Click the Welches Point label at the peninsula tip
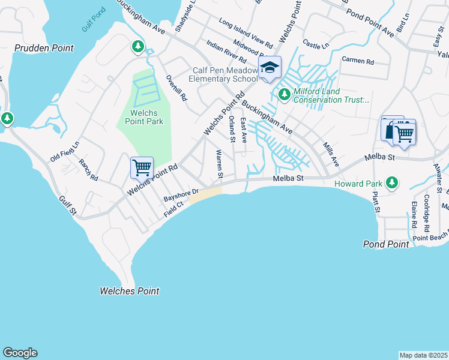point(129,291)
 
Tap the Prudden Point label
point(44,48)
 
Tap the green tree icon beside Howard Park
point(392,182)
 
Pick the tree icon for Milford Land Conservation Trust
point(283,94)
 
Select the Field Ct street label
point(172,206)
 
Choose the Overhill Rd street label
point(177,88)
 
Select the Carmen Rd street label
point(358,61)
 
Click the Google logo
point(20,353)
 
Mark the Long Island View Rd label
point(246,32)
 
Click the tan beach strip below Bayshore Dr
point(206,194)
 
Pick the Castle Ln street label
point(316,44)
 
